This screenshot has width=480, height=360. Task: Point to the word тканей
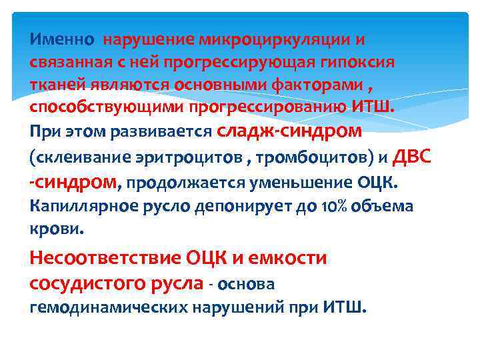pos(55,85)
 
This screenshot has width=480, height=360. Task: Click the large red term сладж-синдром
pos(289,131)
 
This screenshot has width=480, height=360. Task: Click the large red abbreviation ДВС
pos(411,156)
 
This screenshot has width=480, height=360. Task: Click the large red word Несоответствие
pos(106,258)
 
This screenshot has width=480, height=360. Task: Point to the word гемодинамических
pos(108,308)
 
